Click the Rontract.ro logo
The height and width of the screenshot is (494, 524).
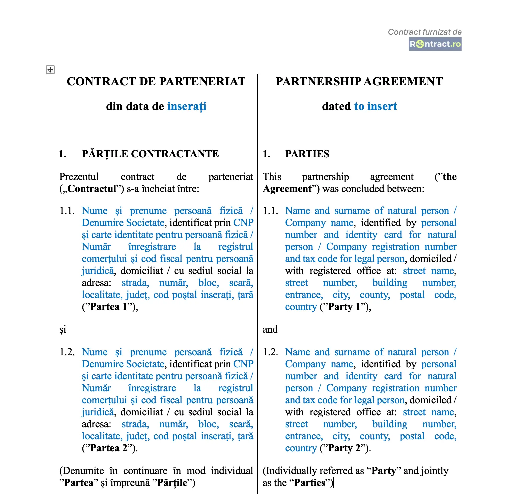(435, 44)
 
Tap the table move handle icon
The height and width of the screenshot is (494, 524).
(50, 70)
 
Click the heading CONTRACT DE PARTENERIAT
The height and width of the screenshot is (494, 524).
(156, 81)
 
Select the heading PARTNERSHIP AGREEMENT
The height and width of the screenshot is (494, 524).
(359, 81)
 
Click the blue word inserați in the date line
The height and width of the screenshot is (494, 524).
(187, 106)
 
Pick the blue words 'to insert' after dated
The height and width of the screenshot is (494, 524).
(375, 106)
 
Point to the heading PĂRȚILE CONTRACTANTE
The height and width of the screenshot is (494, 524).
(150, 154)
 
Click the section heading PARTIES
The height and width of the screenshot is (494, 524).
(307, 154)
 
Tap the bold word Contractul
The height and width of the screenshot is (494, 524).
(92, 189)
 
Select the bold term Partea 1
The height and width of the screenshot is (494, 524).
(109, 307)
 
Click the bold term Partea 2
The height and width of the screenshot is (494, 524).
(109, 448)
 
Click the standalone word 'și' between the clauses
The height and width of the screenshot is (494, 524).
(63, 329)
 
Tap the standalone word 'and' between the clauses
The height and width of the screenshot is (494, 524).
(270, 329)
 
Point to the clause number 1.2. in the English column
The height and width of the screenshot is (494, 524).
(270, 352)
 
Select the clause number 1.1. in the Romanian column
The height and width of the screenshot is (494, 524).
(67, 211)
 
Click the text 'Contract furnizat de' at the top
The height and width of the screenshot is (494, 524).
(425, 32)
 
